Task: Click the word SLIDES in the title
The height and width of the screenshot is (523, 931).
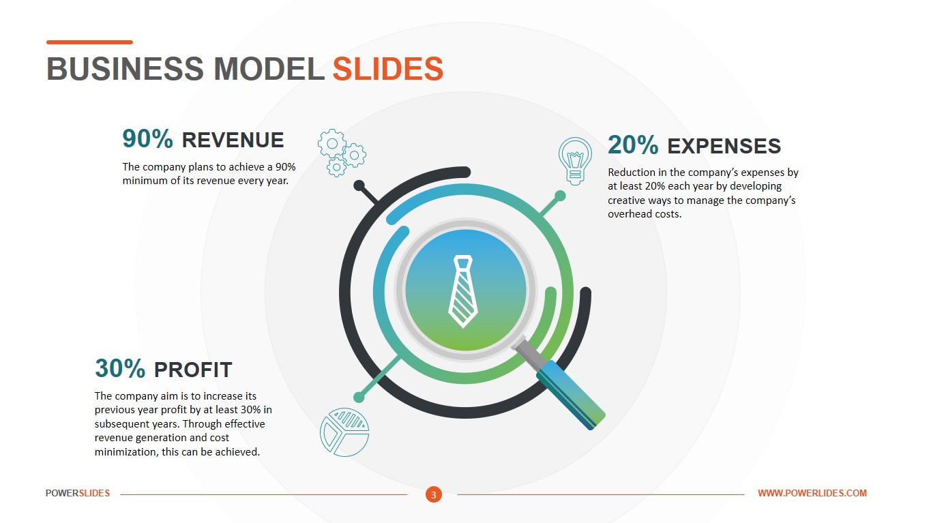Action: [x=387, y=70]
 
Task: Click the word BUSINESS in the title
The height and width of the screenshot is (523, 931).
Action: [x=125, y=70]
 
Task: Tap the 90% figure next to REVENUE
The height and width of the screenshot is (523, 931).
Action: [x=148, y=139]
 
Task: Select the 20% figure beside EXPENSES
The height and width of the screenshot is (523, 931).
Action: [x=633, y=145]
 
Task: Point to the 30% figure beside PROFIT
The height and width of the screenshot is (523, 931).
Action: [x=120, y=369]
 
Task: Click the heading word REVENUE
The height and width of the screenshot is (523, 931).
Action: [x=233, y=140]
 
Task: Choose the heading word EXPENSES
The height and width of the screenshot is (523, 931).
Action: [x=724, y=146]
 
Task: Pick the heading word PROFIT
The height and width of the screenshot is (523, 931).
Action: [x=193, y=370]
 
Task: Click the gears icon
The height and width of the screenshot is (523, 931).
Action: [x=341, y=153]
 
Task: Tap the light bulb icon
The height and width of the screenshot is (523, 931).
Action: [x=575, y=161]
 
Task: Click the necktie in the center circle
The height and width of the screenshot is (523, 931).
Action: [x=462, y=290]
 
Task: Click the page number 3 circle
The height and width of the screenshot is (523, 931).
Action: [x=434, y=494]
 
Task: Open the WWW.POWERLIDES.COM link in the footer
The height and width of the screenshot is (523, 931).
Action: [x=812, y=493]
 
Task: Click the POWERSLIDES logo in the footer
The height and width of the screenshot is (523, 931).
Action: [x=78, y=493]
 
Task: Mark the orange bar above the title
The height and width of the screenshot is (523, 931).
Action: [x=89, y=42]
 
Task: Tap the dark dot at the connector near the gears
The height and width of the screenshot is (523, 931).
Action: [x=359, y=185]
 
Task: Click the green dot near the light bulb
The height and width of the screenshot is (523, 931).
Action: [x=560, y=196]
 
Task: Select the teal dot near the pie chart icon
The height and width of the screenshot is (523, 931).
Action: [x=359, y=397]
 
